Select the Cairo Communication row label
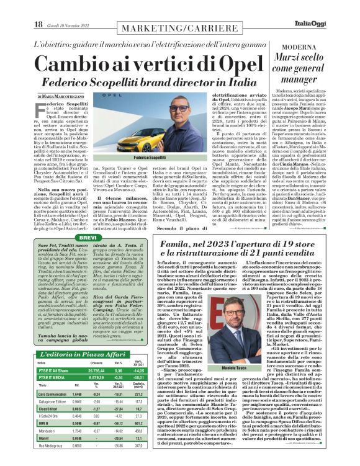pyautogui.click(x=53, y=393)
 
